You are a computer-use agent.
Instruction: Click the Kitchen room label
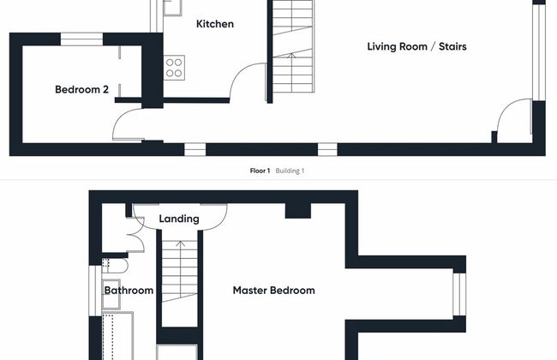[x=215, y=24]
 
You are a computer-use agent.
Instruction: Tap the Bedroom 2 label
[x=81, y=89]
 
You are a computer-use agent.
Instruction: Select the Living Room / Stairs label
[x=416, y=46]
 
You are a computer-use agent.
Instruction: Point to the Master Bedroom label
[x=274, y=291]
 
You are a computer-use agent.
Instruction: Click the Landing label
[x=179, y=219]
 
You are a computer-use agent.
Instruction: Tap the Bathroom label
[x=129, y=291]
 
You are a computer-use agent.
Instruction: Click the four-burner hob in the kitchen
[x=174, y=68]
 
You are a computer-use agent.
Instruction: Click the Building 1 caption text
[x=290, y=171]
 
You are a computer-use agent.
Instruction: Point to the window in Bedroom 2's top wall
[x=81, y=39]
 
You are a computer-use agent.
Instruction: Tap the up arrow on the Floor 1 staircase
[x=291, y=56]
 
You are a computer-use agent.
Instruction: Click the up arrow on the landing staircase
[x=181, y=243]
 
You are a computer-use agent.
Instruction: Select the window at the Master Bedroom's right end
[x=459, y=294]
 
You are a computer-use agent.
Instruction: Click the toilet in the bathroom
[x=114, y=266]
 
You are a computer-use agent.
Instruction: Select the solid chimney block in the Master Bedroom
[x=298, y=211]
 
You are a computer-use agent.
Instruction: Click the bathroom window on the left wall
[x=95, y=291]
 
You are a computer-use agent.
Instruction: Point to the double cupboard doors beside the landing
[x=137, y=235]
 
